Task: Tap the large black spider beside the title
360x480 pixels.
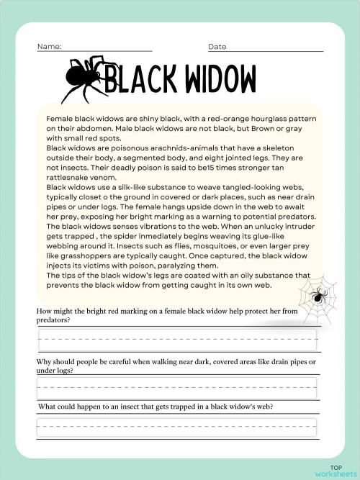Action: tap(84, 77)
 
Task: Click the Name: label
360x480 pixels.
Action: tap(50, 47)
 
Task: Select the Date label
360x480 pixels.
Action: tap(217, 47)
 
